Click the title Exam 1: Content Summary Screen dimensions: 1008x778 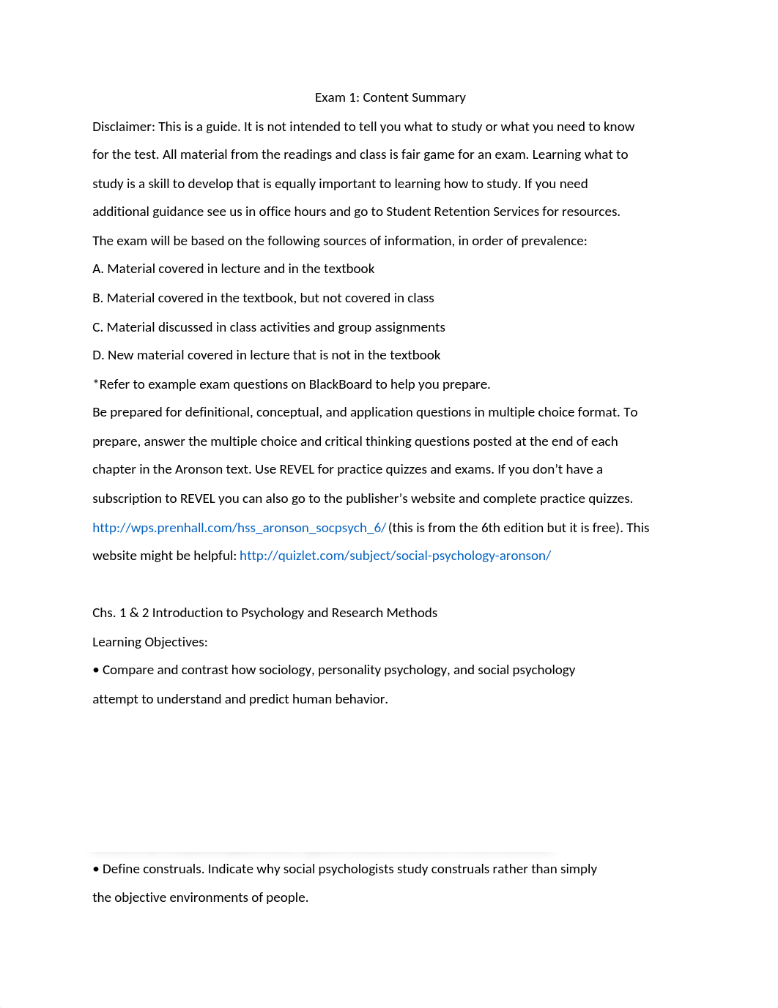coord(390,97)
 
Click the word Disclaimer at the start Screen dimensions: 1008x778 coord(122,127)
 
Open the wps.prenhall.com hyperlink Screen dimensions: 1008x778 coord(239,528)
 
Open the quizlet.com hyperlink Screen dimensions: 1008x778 coord(395,556)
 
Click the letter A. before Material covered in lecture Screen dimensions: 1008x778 coord(98,269)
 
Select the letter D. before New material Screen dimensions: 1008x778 coord(98,355)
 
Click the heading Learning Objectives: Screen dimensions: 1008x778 coord(150,642)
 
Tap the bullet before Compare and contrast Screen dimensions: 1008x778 coord(96,671)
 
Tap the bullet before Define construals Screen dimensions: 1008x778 coord(96,870)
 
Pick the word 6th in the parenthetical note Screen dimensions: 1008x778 coord(491,528)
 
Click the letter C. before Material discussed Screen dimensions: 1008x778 coord(97,327)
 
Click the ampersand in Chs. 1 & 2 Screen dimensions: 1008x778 coord(134,613)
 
